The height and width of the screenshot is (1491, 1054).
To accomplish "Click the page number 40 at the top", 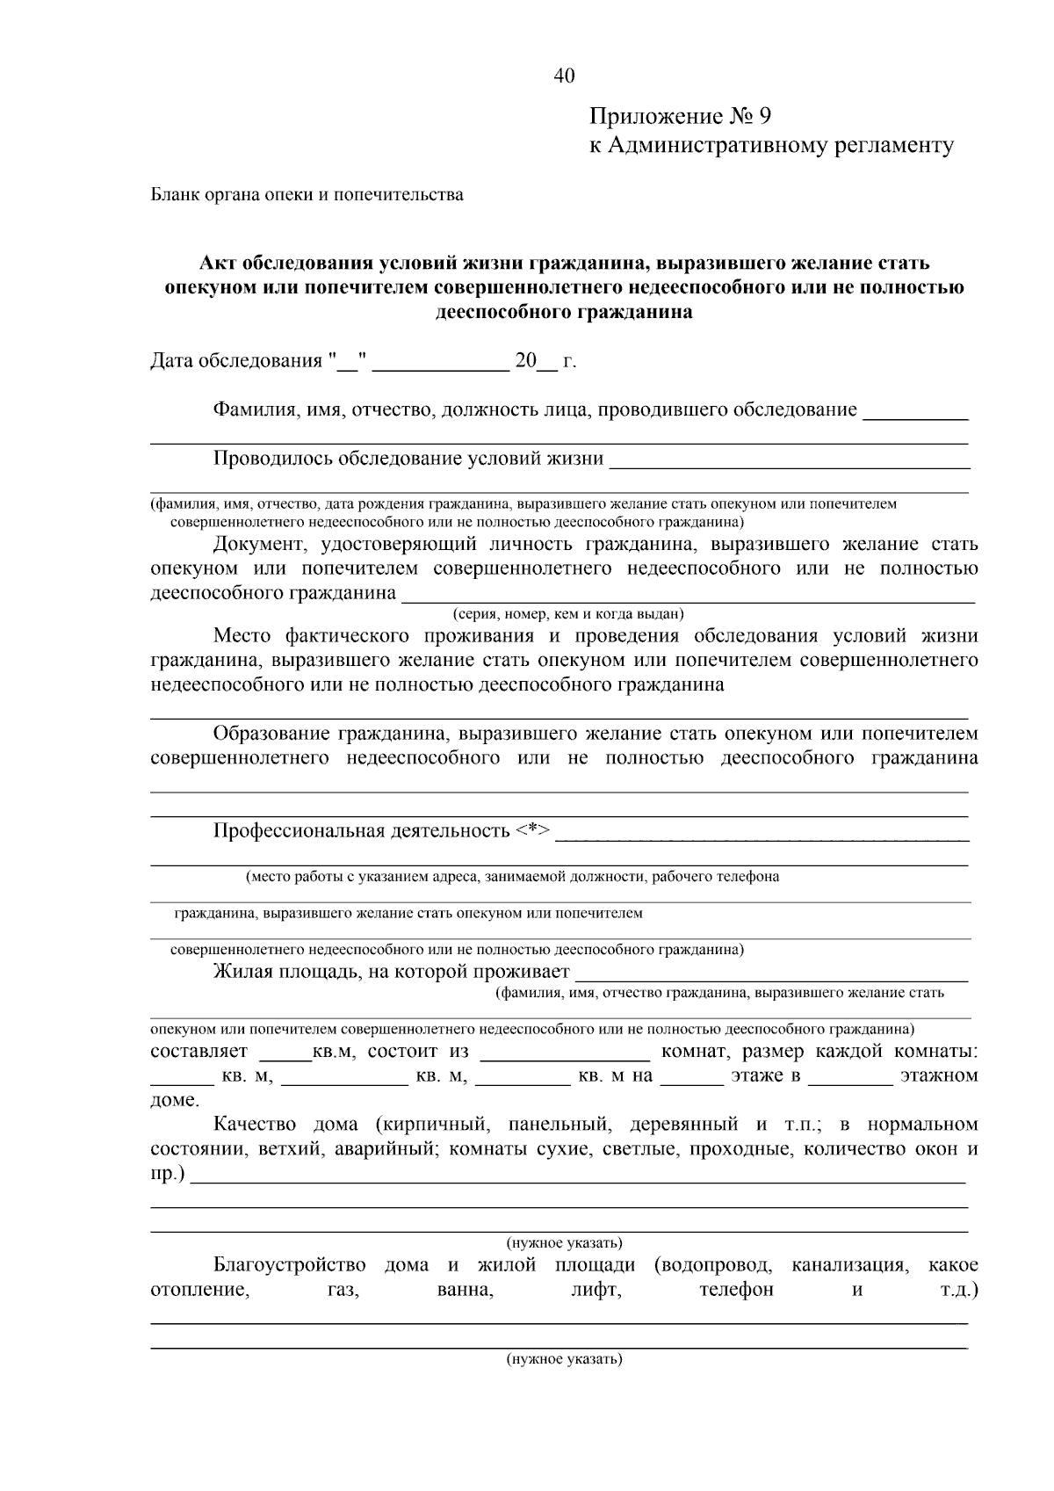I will tap(564, 76).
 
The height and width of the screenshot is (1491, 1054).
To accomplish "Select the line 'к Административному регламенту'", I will tap(770, 146).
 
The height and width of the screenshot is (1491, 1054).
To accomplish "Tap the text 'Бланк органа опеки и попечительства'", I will tap(307, 195).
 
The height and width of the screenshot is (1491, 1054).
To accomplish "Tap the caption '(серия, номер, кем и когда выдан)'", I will tap(567, 614).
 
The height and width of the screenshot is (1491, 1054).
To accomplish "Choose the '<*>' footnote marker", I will tap(533, 830).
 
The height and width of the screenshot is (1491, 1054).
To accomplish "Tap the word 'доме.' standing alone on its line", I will tap(175, 1100).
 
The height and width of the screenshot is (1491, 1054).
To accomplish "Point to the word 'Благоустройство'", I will tap(289, 1265).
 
